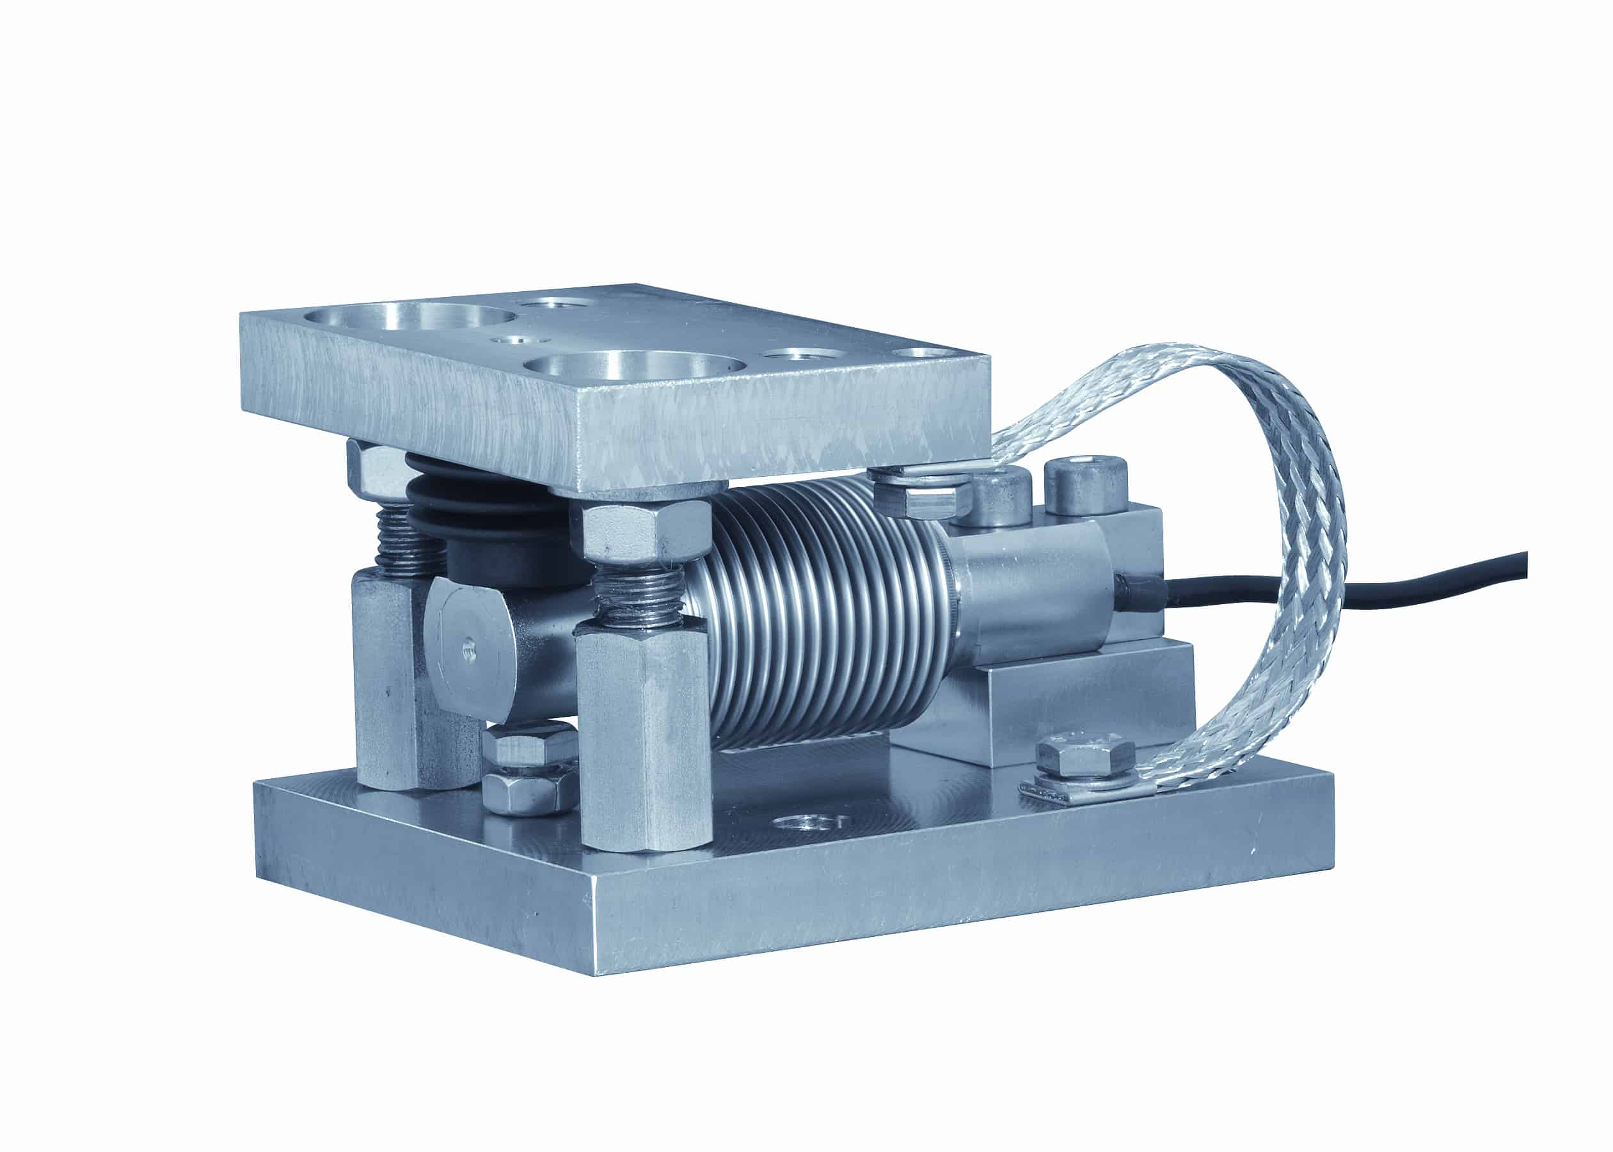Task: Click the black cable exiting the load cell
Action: (x=1454, y=578)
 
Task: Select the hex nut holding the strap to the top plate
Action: (x=922, y=497)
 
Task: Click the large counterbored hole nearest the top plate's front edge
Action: (x=635, y=365)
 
